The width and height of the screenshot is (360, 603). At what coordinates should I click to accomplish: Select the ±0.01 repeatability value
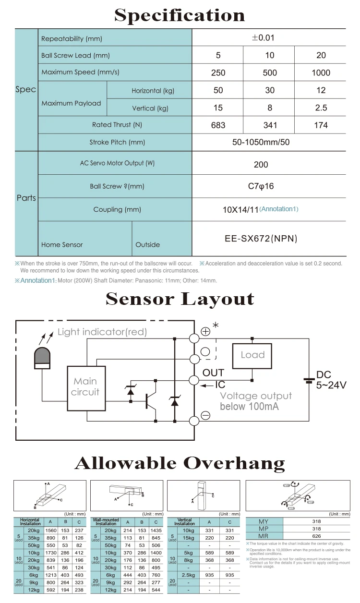pos(263,38)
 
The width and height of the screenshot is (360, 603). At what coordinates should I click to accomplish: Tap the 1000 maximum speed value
pos(321,73)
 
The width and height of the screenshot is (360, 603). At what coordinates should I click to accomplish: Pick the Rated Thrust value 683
pos(218,125)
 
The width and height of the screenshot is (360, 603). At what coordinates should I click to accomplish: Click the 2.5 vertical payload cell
pos(321,108)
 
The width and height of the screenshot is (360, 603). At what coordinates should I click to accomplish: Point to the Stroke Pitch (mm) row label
pos(117,142)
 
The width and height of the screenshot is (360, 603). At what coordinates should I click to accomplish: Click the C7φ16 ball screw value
pos(261,186)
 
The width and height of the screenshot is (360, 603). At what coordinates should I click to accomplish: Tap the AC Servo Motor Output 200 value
pos(261,165)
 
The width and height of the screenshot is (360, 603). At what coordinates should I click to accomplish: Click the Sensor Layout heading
pos(180,299)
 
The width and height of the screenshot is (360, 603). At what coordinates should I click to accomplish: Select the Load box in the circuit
pos(252,355)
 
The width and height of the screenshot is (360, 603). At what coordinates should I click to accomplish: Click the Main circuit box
pos(85,386)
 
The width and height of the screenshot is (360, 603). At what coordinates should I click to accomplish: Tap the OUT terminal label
pos(213,373)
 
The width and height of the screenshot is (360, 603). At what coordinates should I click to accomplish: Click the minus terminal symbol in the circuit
pos(205,416)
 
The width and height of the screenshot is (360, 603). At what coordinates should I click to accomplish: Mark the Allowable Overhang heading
pos(180,463)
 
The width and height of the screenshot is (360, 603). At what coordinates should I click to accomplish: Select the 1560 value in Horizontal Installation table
pos(50,531)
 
